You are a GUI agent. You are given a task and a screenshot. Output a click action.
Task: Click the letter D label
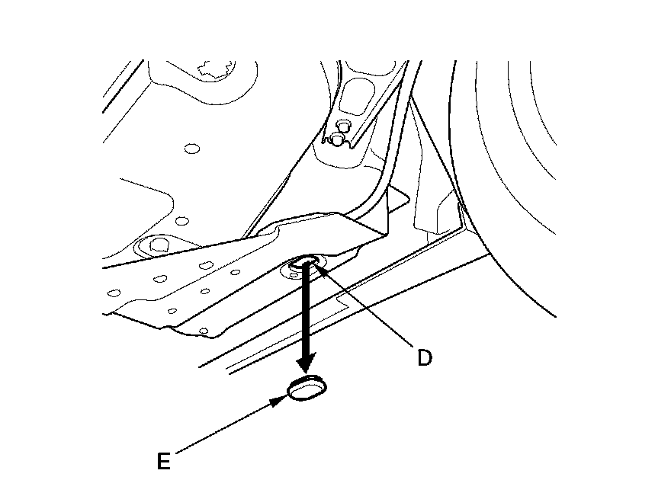pos(424,357)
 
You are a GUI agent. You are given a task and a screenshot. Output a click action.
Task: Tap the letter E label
pos(162,461)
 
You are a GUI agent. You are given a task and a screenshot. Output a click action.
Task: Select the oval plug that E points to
pos(307,389)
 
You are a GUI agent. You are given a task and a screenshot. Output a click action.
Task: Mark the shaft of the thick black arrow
pos(307,312)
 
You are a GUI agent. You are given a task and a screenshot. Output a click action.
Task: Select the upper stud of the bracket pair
pos(342,123)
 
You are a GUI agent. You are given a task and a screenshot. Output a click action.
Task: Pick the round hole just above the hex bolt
pos(181,221)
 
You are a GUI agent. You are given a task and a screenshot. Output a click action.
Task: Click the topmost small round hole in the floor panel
pos(191,148)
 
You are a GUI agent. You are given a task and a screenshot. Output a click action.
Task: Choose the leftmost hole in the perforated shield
pos(114,292)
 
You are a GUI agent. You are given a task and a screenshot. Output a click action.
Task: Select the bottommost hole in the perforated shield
pos(203,331)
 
